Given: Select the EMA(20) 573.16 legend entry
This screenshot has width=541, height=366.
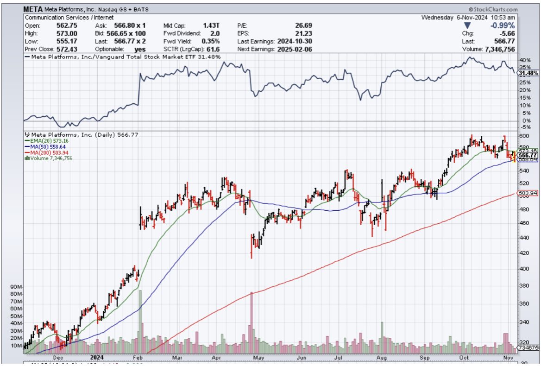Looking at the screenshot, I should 46,141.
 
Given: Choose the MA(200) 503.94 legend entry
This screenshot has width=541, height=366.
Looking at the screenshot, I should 46,152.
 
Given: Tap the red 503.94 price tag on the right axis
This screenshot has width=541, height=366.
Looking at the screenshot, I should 528,193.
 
